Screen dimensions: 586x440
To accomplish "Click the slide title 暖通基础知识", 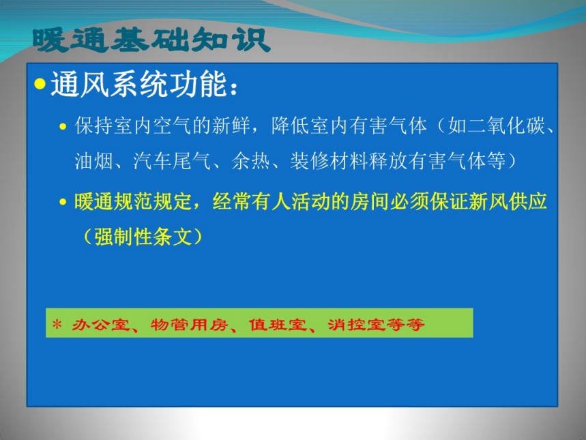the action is coord(151,40).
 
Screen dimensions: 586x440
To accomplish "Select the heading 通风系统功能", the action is coord(138,85).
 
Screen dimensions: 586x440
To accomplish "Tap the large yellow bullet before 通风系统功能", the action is coord(40,84).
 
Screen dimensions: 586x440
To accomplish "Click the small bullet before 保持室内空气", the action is coord(63,127).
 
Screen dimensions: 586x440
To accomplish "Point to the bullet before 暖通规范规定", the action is coord(63,202).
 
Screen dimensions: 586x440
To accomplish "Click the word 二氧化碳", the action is coord(497,126).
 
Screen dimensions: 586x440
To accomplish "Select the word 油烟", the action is coord(94,161).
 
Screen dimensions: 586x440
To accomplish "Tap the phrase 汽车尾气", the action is coord(171,161).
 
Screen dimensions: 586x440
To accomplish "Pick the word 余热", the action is coord(250,161).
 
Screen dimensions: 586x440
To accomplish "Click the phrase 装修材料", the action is coord(329,161).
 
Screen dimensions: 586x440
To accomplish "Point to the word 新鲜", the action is coord(231,126).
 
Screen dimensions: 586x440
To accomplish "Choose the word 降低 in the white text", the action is coord(290,126).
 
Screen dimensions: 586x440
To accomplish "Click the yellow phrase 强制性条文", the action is coord(143,237).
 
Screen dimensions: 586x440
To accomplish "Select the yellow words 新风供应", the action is coord(508,201).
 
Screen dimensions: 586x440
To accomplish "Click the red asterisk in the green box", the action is coord(57,324).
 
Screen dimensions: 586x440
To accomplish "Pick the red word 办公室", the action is coord(100,325).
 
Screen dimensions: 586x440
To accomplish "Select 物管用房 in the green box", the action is coord(190,325).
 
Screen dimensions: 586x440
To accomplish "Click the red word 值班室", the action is coord(278,325).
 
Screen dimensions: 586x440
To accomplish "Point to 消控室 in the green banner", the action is coord(356,325).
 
